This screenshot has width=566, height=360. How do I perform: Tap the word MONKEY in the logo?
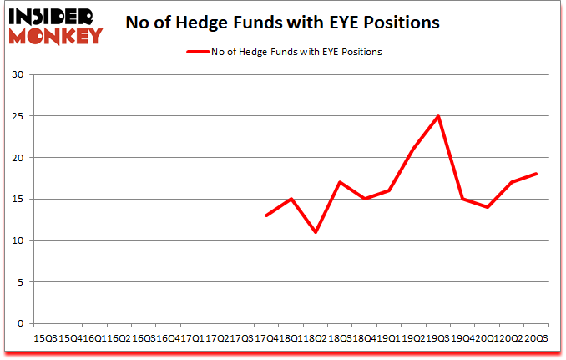(x=55, y=35)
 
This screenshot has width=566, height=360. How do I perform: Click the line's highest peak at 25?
(x=437, y=116)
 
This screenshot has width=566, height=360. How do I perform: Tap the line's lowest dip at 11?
(x=316, y=232)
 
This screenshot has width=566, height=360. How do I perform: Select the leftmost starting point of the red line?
(x=266, y=215)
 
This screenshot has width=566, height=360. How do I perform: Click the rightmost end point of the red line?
(x=535, y=174)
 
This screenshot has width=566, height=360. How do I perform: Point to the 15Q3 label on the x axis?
(x=45, y=337)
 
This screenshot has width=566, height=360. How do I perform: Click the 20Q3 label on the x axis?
(x=535, y=337)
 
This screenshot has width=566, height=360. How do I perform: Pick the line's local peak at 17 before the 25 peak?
(x=340, y=182)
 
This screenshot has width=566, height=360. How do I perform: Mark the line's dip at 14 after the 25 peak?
(x=487, y=207)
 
